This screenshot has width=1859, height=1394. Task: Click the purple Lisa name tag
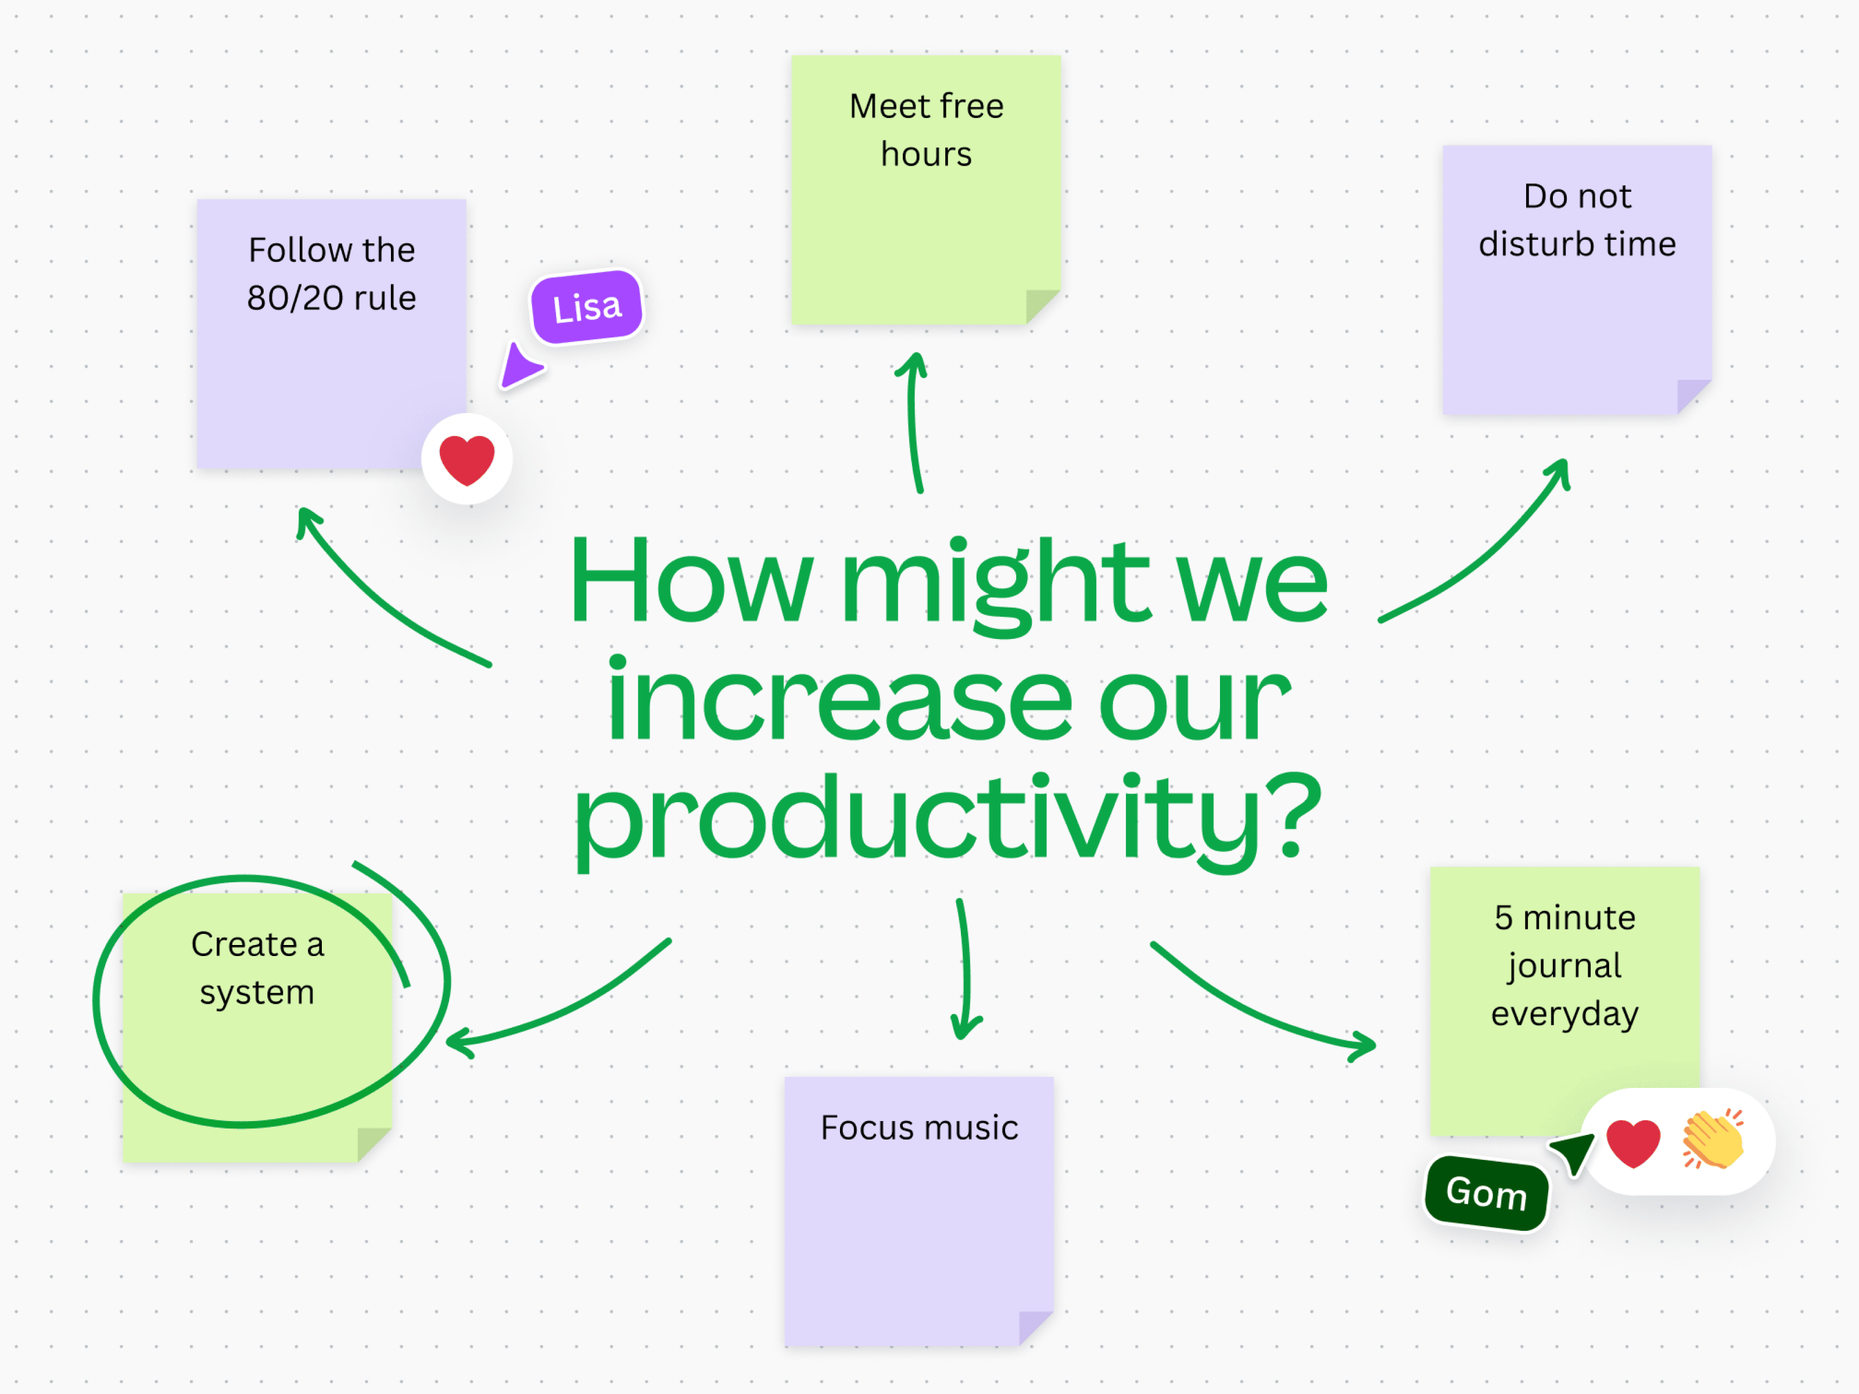click(x=587, y=307)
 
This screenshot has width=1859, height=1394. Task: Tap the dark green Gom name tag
click(x=1486, y=1192)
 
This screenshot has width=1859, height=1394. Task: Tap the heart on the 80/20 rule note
click(x=467, y=459)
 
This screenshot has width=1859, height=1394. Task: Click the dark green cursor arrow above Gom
click(x=1574, y=1152)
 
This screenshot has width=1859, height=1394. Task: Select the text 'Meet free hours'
click(x=926, y=130)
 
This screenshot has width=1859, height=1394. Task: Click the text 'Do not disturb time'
click(x=1577, y=220)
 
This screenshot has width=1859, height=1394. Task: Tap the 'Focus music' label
click(x=920, y=1127)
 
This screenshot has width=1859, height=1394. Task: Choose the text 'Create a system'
click(x=257, y=968)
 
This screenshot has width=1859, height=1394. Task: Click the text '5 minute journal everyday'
click(x=1565, y=965)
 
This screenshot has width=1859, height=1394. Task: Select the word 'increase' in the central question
click(x=841, y=699)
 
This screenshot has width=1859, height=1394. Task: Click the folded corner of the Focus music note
click(x=1035, y=1328)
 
